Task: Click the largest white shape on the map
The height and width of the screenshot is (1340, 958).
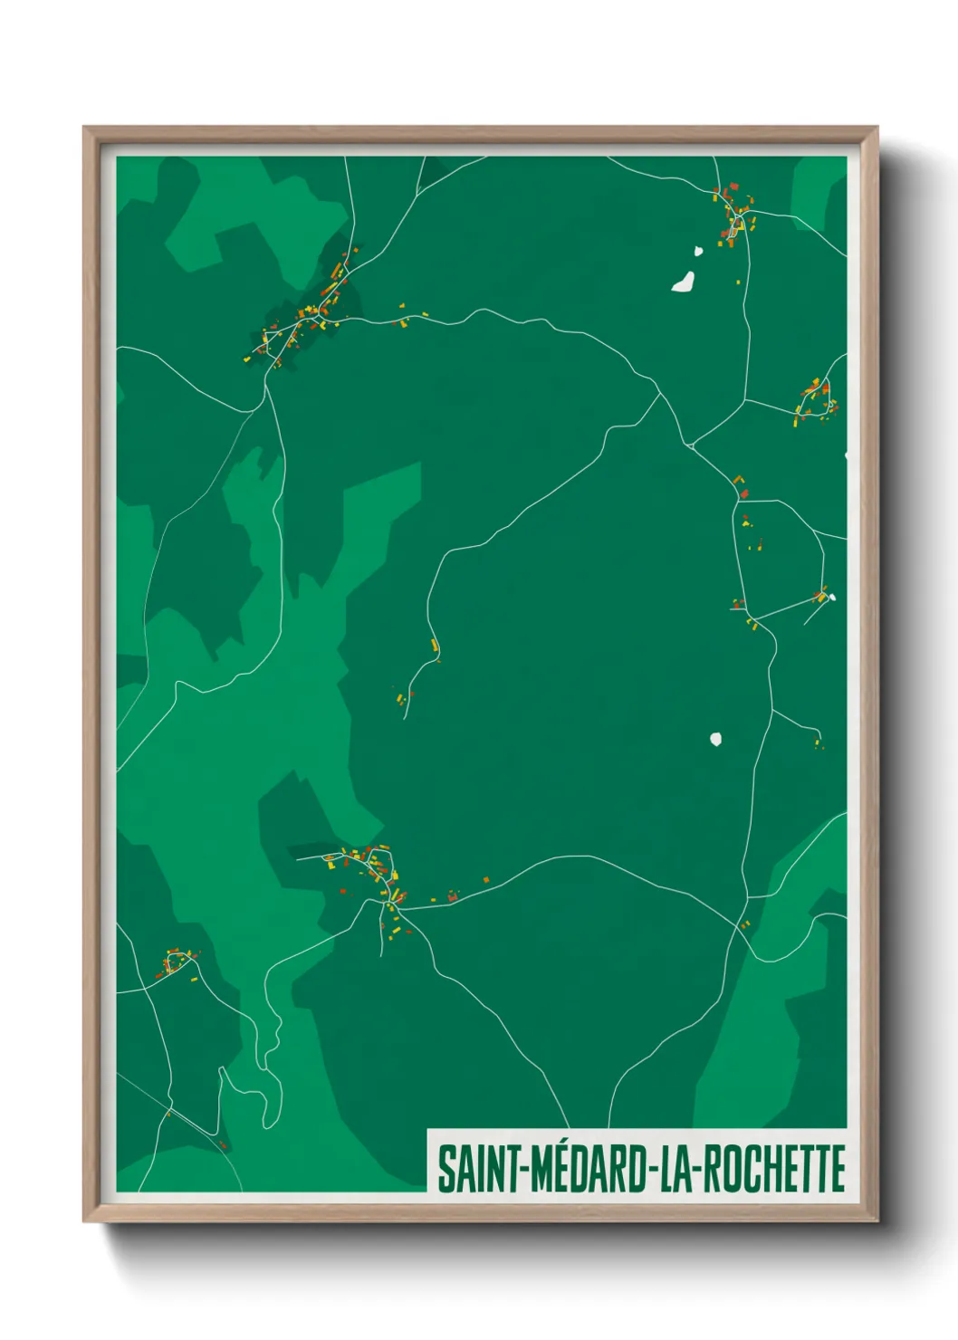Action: (x=684, y=282)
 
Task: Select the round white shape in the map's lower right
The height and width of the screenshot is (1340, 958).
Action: (x=716, y=739)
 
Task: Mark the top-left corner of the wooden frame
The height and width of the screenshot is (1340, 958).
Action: (x=86, y=129)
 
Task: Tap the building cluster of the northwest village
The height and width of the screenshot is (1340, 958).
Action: (x=303, y=317)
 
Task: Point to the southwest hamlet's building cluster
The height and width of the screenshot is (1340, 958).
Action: (x=177, y=962)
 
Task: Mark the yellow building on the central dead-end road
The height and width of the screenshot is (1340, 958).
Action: (x=435, y=645)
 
